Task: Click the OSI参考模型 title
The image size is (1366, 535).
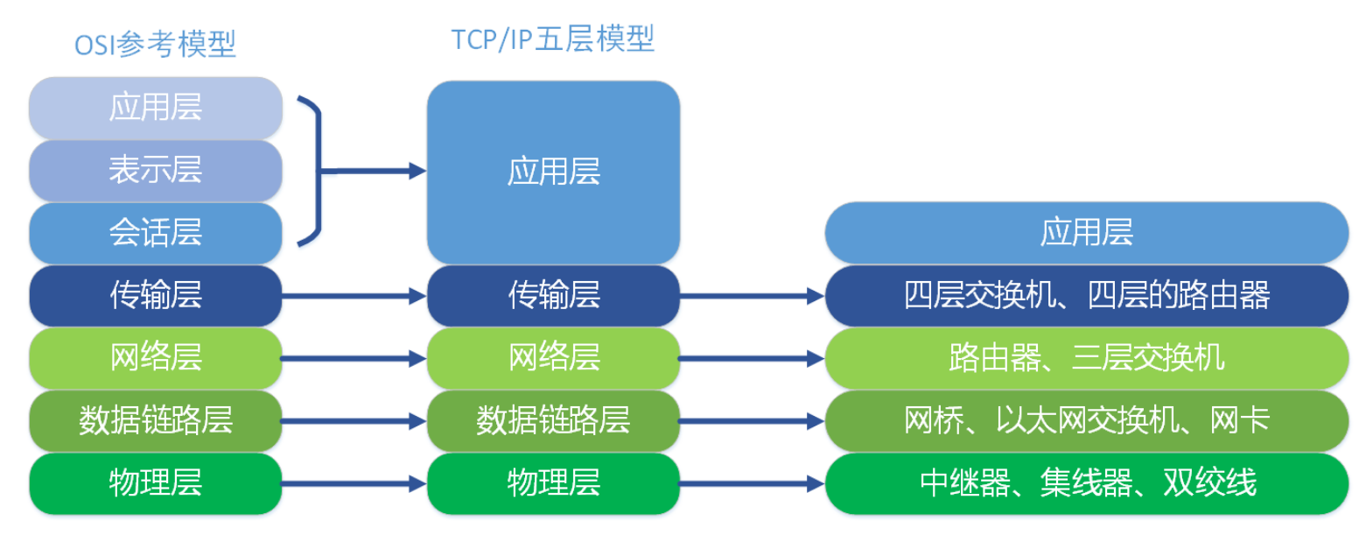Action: (155, 44)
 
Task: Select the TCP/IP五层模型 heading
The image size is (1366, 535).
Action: (552, 39)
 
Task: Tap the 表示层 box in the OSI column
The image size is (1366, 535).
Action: (156, 169)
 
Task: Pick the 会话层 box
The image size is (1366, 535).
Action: (156, 233)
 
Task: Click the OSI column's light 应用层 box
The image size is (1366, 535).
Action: (156, 107)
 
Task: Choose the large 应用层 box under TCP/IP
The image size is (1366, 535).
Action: (553, 172)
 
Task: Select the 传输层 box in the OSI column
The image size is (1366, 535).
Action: (156, 296)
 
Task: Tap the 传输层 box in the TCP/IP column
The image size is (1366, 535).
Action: (553, 296)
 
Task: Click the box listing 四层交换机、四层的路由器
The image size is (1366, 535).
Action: (1086, 296)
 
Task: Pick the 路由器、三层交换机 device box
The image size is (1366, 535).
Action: (1086, 358)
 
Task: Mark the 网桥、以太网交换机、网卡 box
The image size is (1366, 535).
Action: (1086, 421)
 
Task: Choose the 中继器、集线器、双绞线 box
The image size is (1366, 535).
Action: (1086, 483)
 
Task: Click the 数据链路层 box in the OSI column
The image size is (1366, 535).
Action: (156, 421)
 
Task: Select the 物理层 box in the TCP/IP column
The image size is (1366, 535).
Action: (553, 483)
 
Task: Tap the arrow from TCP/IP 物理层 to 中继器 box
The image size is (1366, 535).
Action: (752, 483)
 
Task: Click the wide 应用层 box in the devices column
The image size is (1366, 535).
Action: (1086, 233)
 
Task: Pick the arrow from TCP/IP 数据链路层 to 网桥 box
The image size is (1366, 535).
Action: (752, 421)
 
